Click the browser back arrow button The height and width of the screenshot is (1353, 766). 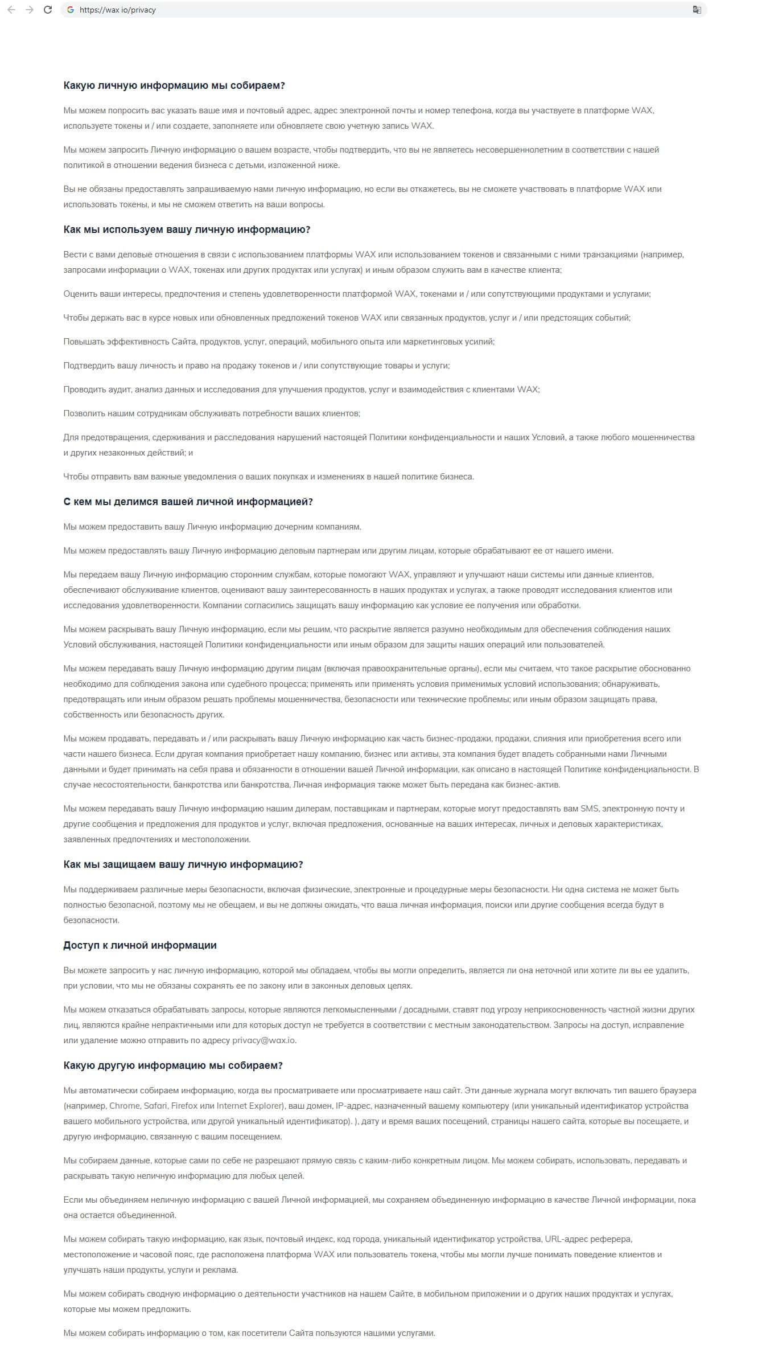coord(11,10)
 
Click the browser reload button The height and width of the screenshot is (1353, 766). coord(48,10)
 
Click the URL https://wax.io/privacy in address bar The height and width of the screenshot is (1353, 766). coord(118,10)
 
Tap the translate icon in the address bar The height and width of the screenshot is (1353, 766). coord(697,10)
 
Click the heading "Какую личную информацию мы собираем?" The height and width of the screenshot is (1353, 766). coord(174,85)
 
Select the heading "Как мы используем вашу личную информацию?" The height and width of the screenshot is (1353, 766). coord(187,229)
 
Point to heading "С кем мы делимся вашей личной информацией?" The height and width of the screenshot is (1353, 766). coord(188,502)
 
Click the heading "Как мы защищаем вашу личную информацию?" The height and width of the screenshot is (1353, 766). coord(183,864)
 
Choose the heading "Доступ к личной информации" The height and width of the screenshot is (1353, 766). coord(140,945)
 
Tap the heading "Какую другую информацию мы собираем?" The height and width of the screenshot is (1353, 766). coord(173,1065)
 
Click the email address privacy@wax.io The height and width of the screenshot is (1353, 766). coord(263,1040)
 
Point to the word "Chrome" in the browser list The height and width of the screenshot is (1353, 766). coord(125,1106)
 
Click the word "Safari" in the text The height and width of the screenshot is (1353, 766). coord(155,1106)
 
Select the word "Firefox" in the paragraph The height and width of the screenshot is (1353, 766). coord(184,1106)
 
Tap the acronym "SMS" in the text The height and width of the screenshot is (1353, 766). coord(589,809)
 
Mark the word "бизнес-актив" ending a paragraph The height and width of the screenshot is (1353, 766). coord(536,785)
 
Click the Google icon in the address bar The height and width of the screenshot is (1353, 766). coord(71,10)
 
